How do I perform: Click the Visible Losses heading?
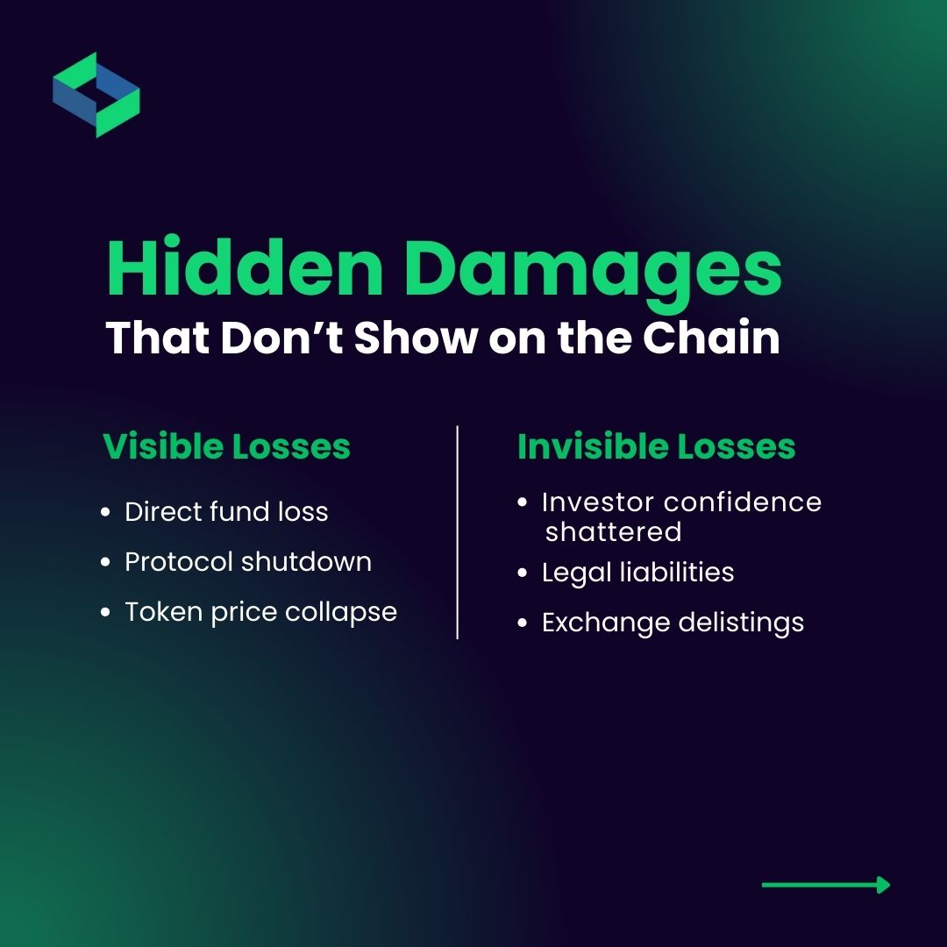click(x=226, y=446)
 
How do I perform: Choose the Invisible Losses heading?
click(x=656, y=446)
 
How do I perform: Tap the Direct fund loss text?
click(x=226, y=512)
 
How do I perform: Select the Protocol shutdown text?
click(x=248, y=562)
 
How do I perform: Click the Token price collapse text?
click(x=260, y=612)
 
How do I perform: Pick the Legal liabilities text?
click(x=637, y=573)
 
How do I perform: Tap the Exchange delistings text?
click(x=673, y=623)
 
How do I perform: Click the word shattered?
click(x=613, y=532)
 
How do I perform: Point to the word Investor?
click(x=598, y=502)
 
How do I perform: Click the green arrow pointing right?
click(x=825, y=885)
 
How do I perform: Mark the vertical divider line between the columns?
click(x=458, y=532)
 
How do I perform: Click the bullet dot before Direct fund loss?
click(x=106, y=513)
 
